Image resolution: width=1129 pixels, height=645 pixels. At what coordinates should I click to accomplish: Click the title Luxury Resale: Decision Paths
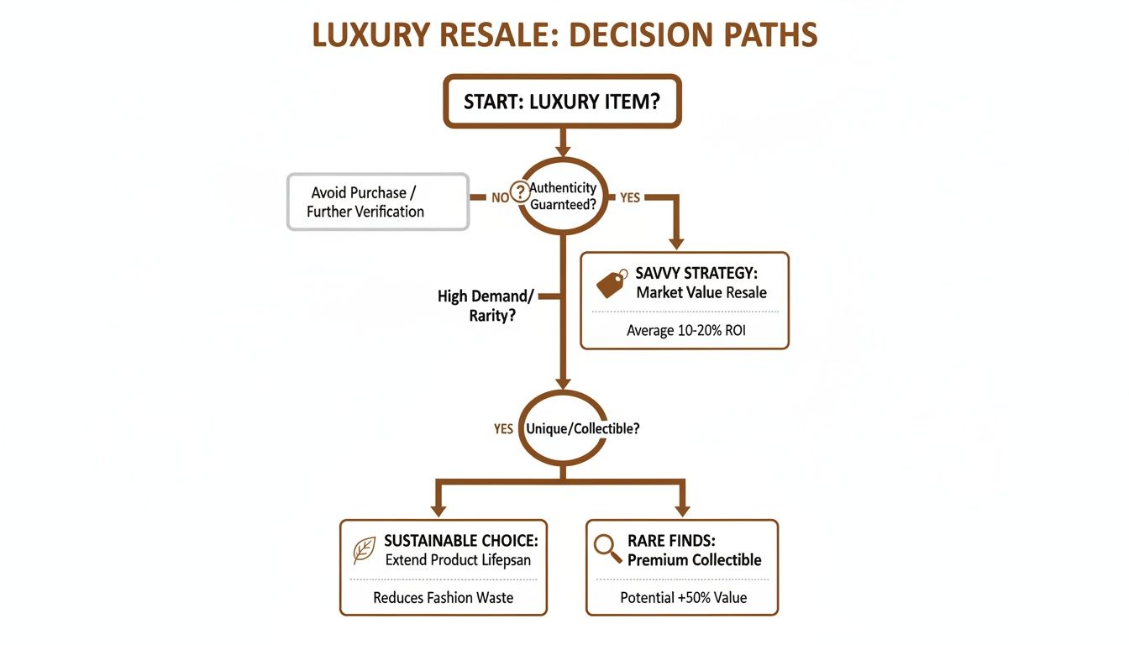[564, 35]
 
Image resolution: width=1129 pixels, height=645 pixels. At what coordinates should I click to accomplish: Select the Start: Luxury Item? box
[562, 102]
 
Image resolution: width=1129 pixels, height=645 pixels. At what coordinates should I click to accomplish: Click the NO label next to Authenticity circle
[500, 198]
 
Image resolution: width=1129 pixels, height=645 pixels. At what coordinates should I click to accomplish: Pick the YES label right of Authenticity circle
[629, 198]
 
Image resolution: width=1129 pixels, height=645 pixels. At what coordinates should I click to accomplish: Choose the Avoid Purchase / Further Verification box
[377, 202]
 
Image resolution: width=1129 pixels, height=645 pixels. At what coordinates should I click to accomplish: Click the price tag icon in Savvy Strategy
[612, 284]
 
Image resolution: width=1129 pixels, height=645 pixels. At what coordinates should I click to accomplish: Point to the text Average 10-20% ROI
[685, 330]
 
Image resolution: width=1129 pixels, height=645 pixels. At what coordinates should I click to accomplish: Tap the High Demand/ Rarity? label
[486, 307]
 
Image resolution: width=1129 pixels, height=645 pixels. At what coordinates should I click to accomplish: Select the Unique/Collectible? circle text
[582, 428]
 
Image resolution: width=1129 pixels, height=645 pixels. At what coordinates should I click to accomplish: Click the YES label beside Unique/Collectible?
[503, 429]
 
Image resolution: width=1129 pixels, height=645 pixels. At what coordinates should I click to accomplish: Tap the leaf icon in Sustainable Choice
[364, 550]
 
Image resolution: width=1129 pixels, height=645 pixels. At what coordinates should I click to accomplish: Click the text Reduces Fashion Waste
[443, 598]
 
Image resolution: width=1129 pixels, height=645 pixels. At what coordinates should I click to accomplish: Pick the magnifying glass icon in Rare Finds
[607, 548]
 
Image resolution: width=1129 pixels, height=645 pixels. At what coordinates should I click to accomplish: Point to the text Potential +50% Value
[683, 598]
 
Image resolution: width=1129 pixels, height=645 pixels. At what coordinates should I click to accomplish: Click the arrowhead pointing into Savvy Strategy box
[675, 241]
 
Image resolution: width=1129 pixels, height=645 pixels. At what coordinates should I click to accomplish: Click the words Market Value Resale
[701, 293]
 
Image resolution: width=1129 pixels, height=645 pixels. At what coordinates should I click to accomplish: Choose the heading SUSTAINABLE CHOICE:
[460, 540]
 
